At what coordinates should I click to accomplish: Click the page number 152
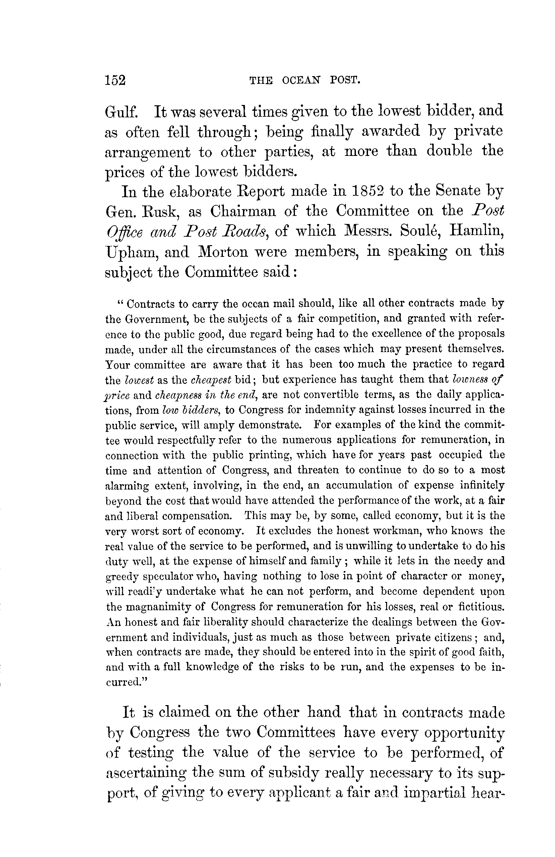pos(115,80)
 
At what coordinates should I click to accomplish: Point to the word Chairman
pos(243,211)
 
